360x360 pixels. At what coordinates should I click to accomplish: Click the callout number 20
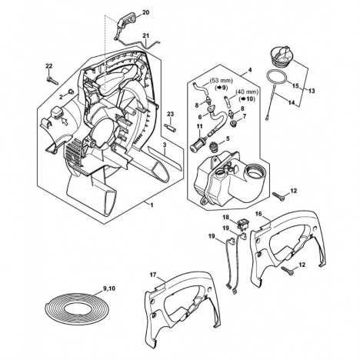(145, 12)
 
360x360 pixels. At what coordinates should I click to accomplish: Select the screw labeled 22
(53, 80)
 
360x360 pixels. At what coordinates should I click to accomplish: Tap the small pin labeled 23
(170, 128)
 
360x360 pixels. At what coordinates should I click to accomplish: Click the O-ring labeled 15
(278, 78)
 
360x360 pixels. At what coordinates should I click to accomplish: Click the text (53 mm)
(222, 81)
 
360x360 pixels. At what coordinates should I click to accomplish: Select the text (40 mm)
(247, 92)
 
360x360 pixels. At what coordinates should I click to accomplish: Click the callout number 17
(153, 275)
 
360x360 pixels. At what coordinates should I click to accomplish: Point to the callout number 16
(258, 214)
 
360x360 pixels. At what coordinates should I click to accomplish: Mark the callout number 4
(250, 70)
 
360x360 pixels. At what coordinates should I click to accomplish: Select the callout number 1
(152, 205)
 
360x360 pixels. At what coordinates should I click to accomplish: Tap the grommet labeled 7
(234, 123)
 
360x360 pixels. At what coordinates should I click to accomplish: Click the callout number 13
(312, 91)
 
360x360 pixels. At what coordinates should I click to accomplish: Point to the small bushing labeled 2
(71, 92)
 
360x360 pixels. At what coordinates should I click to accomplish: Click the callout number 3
(165, 145)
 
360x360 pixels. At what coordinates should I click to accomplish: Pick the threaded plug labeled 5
(213, 148)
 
